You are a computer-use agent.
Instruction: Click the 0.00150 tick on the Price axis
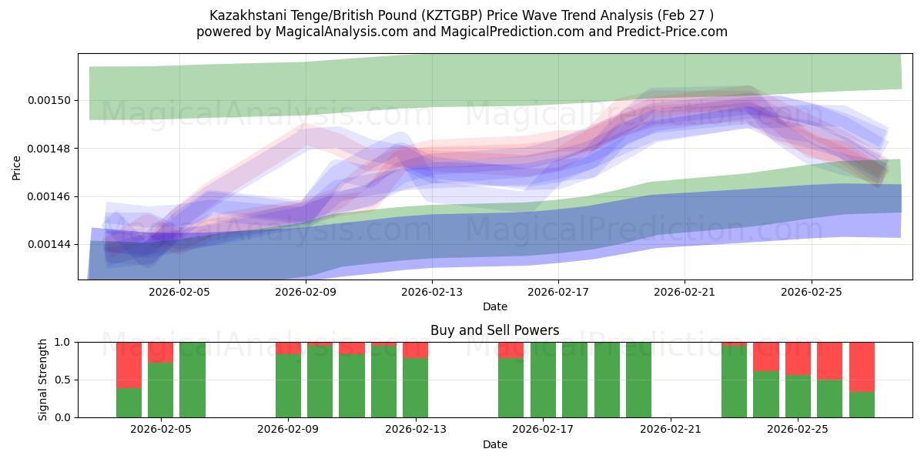[x=49, y=101]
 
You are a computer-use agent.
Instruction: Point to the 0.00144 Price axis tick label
[x=49, y=245]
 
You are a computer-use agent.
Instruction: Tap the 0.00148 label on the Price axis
[x=49, y=149]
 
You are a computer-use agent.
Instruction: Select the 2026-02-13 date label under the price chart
[x=432, y=293]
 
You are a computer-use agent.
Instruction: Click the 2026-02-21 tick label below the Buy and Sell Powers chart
[x=671, y=430]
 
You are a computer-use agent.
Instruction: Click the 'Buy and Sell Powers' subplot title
[x=494, y=330]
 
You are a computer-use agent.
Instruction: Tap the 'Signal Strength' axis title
[x=42, y=380]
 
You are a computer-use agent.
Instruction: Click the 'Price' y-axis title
[x=16, y=168]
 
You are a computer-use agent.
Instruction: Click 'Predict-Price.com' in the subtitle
[x=672, y=32]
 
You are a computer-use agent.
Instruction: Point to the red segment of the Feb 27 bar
[x=862, y=367]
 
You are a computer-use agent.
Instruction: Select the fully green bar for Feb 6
[x=192, y=380]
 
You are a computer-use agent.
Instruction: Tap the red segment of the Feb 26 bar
[x=829, y=361]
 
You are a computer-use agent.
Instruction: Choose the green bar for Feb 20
[x=638, y=380]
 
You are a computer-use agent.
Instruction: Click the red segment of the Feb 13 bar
[x=415, y=350]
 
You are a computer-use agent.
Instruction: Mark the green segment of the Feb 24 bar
[x=766, y=394]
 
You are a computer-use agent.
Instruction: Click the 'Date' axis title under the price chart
[x=495, y=306]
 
